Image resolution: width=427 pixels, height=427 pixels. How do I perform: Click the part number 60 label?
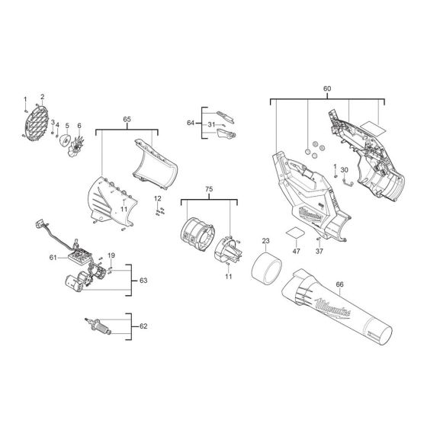(x=328, y=89)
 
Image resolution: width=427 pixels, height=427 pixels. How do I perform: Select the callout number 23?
(x=266, y=241)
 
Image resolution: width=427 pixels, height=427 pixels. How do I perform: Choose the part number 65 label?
(x=127, y=120)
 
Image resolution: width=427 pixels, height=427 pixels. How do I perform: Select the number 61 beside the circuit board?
(x=54, y=258)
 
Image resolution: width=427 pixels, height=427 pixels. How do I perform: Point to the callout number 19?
(x=111, y=255)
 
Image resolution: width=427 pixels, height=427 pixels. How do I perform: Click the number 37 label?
(x=320, y=249)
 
